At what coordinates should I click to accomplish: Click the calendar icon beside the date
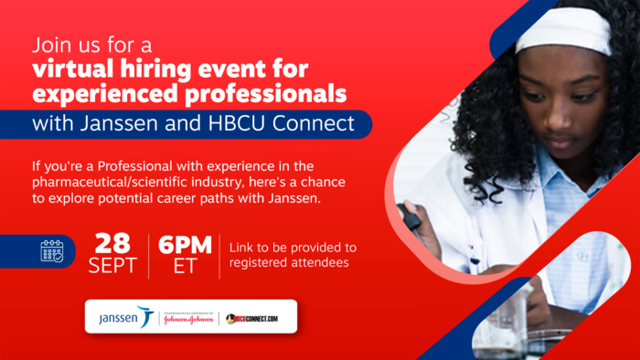coord(52,251)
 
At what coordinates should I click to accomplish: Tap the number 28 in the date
coord(113,244)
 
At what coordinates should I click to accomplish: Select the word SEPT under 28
coord(113,266)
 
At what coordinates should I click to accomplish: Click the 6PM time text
coord(185,244)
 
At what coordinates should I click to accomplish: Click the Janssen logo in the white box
coord(125,318)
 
